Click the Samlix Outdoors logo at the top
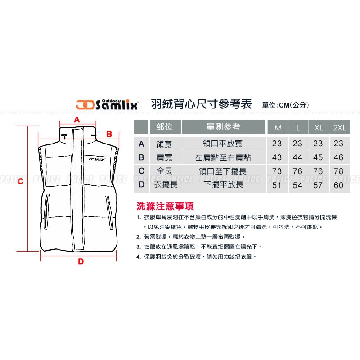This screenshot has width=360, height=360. [x=107, y=105]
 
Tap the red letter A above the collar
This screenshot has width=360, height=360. [x=76, y=120]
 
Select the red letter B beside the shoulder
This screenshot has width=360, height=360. [x=109, y=134]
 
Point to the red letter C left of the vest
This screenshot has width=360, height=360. [x=21, y=181]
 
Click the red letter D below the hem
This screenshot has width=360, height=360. [x=81, y=261]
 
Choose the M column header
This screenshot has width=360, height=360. [x=278, y=127]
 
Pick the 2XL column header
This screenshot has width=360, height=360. [x=340, y=127]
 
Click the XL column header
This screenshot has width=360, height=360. [x=319, y=127]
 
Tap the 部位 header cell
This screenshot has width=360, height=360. [x=165, y=127]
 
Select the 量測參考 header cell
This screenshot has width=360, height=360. [x=223, y=127]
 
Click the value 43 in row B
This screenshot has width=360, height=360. [x=277, y=157]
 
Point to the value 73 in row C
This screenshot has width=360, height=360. [x=277, y=171]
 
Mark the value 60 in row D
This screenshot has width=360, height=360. [x=339, y=185]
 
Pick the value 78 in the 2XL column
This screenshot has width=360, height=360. [x=339, y=171]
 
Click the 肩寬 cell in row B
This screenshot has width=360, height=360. [x=164, y=157]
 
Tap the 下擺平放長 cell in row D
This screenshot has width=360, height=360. [x=223, y=184]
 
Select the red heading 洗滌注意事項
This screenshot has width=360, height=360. [x=165, y=206]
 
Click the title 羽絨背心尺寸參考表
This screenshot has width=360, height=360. [x=201, y=104]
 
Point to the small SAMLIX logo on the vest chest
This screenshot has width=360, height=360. [x=97, y=159]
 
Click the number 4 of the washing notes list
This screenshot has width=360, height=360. [x=138, y=257]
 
